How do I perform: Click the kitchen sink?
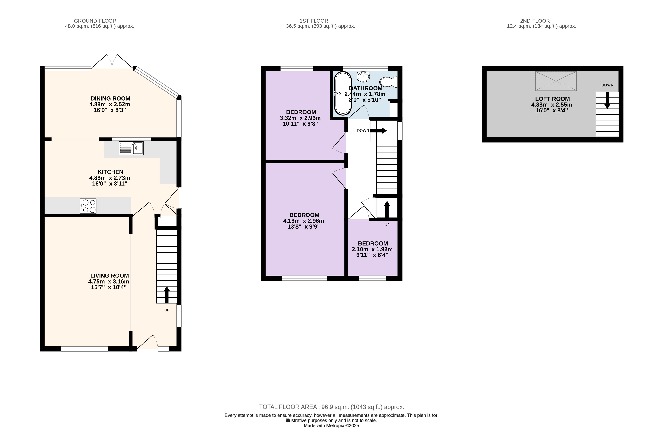pyautogui.click(x=131, y=148)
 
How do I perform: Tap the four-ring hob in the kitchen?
pyautogui.click(x=88, y=206)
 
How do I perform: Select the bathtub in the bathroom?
pyautogui.click(x=343, y=94)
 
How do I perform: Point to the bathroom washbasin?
pyautogui.click(x=363, y=76)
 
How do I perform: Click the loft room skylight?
pyautogui.click(x=556, y=81)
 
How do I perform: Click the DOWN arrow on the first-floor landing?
pyautogui.click(x=378, y=131)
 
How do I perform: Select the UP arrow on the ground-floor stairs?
pyautogui.click(x=167, y=295)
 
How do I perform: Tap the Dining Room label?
pyautogui.click(x=110, y=98)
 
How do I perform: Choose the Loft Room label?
pyautogui.click(x=552, y=99)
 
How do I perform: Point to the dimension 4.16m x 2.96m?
pyautogui.click(x=304, y=221)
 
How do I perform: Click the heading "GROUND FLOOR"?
pyautogui.click(x=95, y=21)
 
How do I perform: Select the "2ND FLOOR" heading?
pyautogui.click(x=535, y=21)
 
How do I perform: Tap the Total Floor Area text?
pyautogui.click(x=331, y=407)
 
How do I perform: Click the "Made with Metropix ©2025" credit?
pyautogui.click(x=331, y=426)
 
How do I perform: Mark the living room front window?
pyautogui.click(x=85, y=349)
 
